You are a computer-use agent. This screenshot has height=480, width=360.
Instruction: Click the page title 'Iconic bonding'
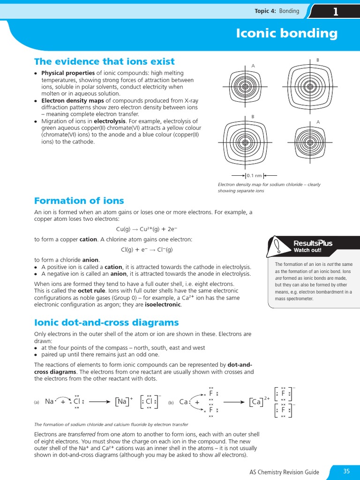293,33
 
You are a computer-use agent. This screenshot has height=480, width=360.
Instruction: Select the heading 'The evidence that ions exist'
104,61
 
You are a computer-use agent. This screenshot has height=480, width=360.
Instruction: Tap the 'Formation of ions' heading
79,201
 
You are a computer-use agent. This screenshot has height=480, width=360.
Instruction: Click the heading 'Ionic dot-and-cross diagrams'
106,322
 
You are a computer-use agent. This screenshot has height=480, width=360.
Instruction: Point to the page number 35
346,471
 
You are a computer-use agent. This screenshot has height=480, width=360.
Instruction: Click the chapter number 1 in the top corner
335,12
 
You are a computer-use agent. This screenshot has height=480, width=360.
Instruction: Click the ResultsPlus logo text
313,243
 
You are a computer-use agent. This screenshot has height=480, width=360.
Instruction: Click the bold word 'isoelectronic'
163,304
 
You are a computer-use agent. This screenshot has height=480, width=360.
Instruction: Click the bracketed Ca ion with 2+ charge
258,402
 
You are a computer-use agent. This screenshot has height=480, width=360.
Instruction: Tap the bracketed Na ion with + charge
123,401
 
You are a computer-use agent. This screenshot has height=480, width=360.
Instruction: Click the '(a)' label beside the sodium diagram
37,402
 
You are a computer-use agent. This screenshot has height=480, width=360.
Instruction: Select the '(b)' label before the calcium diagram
171,402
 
